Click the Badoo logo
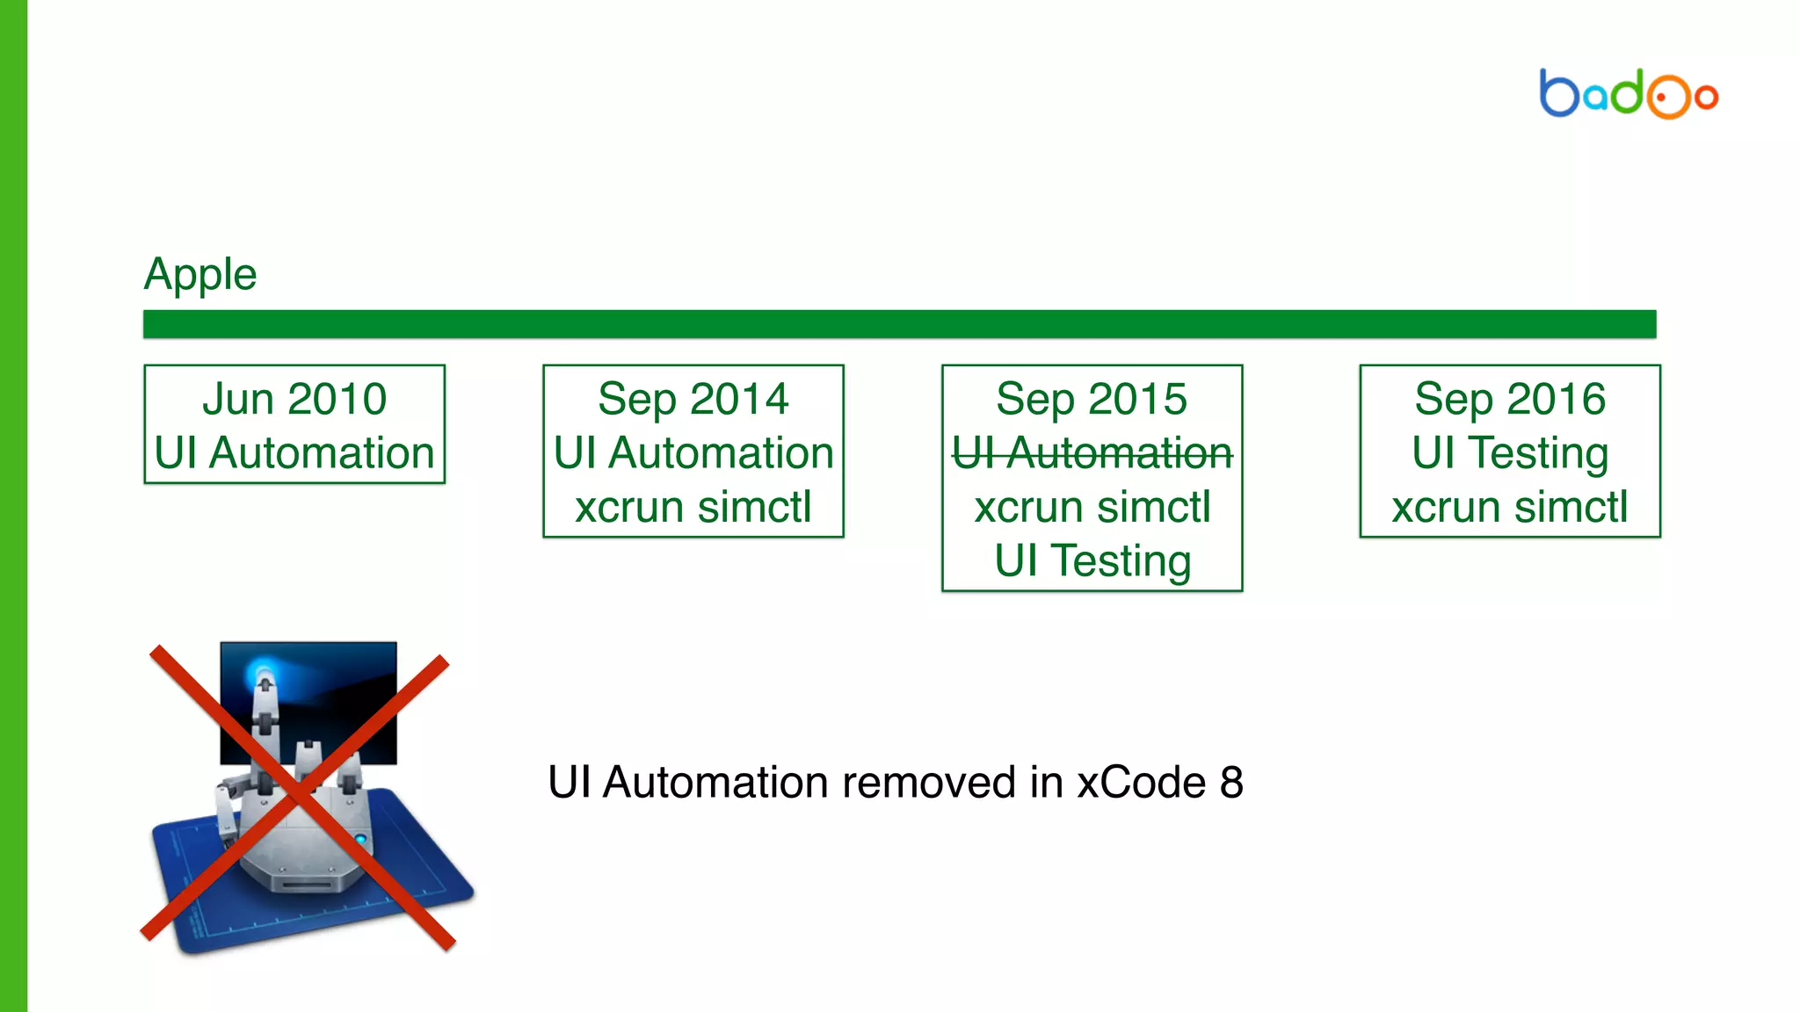pyautogui.click(x=1628, y=93)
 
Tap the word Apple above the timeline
pyautogui.click(x=200, y=274)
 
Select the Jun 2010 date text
pyautogui.click(x=294, y=399)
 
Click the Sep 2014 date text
pyautogui.click(x=693, y=399)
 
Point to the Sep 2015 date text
pyautogui.click(x=1092, y=399)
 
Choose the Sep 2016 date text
pyautogui.click(x=1510, y=399)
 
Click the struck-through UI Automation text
pyautogui.click(x=1092, y=453)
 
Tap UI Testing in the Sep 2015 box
pyautogui.click(x=1092, y=560)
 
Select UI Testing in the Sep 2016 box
pyautogui.click(x=1510, y=453)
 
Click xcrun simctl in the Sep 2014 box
pyautogui.click(x=693, y=507)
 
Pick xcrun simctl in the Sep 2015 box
pyautogui.click(x=1092, y=507)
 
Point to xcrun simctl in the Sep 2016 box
pyautogui.click(x=1510, y=507)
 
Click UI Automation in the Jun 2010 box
pyautogui.click(x=294, y=453)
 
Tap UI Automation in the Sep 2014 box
pyautogui.click(x=693, y=453)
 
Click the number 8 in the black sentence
pyautogui.click(x=1231, y=782)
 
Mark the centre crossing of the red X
pyautogui.click(x=299, y=795)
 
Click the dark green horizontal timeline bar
pyautogui.click(x=899, y=323)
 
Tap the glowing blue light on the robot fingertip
pyautogui.click(x=263, y=675)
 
